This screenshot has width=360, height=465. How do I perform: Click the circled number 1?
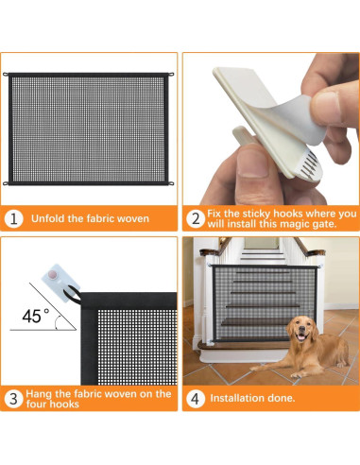(x=14, y=218)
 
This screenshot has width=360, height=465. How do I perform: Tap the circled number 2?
(x=196, y=218)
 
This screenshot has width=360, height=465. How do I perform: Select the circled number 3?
(x=13, y=399)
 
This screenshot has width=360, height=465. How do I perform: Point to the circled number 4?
(x=196, y=399)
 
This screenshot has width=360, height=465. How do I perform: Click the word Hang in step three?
(x=39, y=394)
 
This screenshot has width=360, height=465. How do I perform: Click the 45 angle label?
(x=35, y=316)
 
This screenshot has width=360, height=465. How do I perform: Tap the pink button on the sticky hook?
(x=53, y=275)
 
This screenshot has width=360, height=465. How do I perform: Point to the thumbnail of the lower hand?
(x=251, y=164)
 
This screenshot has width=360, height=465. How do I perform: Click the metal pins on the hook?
(x=310, y=164)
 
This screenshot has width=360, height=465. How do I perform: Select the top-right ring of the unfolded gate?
(x=171, y=75)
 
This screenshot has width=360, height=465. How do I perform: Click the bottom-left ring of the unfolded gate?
(x=6, y=183)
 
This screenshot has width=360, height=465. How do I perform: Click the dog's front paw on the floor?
(x=296, y=375)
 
